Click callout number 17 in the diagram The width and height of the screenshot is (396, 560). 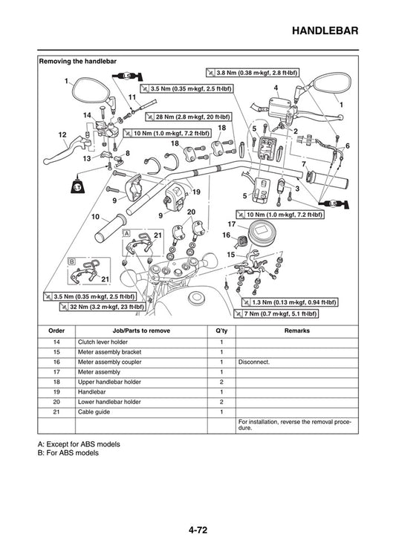click(231, 223)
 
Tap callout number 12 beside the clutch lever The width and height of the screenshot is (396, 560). click(62, 134)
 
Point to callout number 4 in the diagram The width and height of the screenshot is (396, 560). click(276, 88)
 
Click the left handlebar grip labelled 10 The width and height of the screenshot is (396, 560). click(110, 227)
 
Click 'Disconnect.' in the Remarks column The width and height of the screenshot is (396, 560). click(254, 362)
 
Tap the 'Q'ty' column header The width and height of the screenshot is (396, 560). click(221, 331)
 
